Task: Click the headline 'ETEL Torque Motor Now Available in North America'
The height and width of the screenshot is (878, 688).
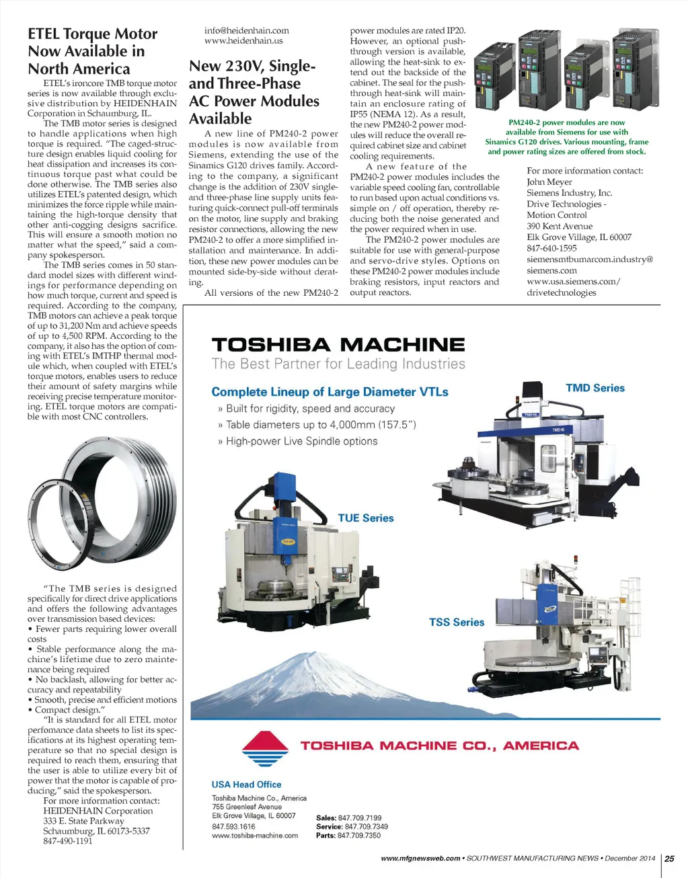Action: click(92, 51)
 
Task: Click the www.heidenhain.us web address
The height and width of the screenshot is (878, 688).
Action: click(243, 40)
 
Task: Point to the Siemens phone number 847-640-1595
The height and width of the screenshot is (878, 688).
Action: click(551, 248)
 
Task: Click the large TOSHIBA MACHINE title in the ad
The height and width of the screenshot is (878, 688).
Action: click(338, 345)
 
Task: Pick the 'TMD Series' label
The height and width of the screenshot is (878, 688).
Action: click(595, 388)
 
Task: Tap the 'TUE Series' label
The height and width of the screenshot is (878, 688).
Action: click(365, 518)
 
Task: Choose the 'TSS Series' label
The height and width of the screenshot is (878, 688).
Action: click(457, 622)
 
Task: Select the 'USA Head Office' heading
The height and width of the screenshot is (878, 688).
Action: click(246, 784)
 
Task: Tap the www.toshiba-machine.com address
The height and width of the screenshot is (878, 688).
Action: click(255, 836)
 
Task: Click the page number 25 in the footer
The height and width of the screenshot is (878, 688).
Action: click(669, 858)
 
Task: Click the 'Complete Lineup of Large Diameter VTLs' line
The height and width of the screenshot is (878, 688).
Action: click(330, 392)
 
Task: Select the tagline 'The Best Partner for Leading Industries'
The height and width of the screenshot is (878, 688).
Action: click(338, 364)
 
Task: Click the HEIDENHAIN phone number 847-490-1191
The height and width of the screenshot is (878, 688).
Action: click(68, 841)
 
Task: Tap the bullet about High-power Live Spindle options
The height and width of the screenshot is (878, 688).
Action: click(301, 441)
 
